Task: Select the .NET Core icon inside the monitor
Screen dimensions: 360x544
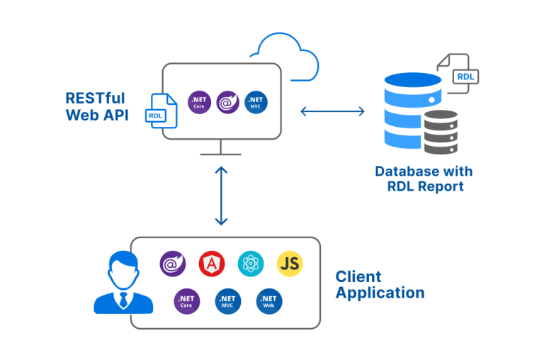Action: [199, 102]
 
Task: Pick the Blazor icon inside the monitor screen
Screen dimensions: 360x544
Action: [227, 102]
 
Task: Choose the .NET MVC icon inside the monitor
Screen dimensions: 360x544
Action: [256, 102]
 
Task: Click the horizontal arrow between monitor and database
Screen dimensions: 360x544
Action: [332, 111]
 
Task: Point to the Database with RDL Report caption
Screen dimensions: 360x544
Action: [424, 179]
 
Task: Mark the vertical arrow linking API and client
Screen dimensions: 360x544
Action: [221, 196]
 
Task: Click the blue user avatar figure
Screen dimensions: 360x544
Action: [123, 284]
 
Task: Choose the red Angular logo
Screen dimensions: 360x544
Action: [212, 264]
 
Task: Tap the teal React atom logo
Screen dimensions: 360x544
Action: [251, 264]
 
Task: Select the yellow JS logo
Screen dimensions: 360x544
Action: [290, 264]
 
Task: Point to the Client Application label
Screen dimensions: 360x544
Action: [380, 284]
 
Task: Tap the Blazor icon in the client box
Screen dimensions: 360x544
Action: [172, 264]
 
